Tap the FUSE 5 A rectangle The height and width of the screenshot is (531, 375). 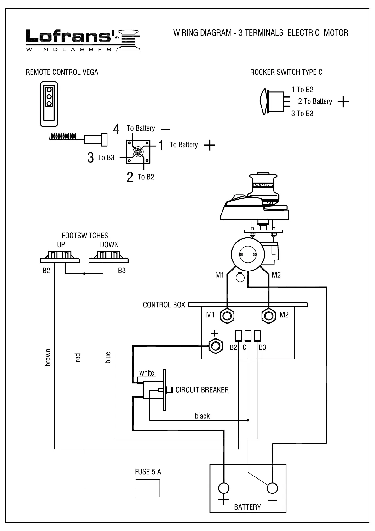tap(147, 488)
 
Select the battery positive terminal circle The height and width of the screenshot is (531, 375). tap(224, 488)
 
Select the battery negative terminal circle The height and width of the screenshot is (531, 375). tap(272, 488)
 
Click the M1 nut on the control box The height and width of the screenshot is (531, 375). tap(227, 315)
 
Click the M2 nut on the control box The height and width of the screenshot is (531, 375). tap(269, 315)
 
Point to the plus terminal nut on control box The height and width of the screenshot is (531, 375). tap(215, 346)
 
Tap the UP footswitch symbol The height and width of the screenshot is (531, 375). tap(60, 256)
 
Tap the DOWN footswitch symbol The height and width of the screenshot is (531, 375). tap(109, 256)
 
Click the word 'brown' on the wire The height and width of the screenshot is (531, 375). tap(48, 358)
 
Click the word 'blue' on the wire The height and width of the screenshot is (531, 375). tap(108, 358)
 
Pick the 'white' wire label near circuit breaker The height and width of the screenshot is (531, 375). tap(147, 373)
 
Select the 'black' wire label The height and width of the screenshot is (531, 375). tap(202, 416)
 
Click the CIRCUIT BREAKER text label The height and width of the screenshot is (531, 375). tap(202, 390)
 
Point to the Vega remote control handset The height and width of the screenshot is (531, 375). tap(49, 104)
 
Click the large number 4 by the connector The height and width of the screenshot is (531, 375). tap(117, 129)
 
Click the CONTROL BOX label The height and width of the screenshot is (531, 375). tap(164, 305)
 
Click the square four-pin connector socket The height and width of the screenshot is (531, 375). tap(138, 152)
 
